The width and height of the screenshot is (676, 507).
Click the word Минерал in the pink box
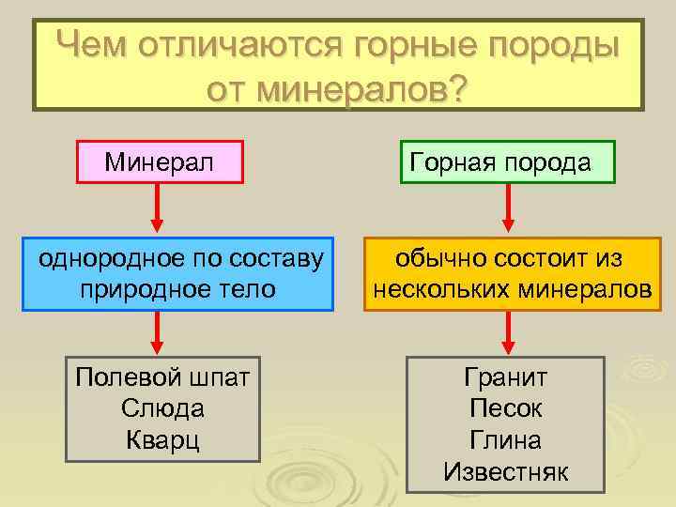coord(159,162)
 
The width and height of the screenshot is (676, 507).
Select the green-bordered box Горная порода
coord(508,161)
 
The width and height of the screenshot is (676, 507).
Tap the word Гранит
coord(506,377)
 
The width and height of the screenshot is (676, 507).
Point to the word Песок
coord(506,409)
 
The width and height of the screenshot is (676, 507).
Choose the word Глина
coord(506,440)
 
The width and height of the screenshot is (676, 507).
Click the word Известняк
coord(506,471)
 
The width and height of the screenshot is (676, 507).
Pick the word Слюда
coord(162,408)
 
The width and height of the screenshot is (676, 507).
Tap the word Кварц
coord(162,439)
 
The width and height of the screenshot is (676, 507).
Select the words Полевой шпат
coord(162,377)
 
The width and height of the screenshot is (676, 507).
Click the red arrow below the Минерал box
coord(158,207)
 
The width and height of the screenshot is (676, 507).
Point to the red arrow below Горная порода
coord(508,207)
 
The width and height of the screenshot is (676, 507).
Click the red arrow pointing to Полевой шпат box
coord(158,333)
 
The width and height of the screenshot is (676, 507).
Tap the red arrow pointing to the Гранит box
coord(508,333)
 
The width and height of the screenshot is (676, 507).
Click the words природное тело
coord(179,288)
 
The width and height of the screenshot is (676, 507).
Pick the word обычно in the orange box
coord(433,257)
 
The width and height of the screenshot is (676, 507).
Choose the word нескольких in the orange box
coord(436,288)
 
